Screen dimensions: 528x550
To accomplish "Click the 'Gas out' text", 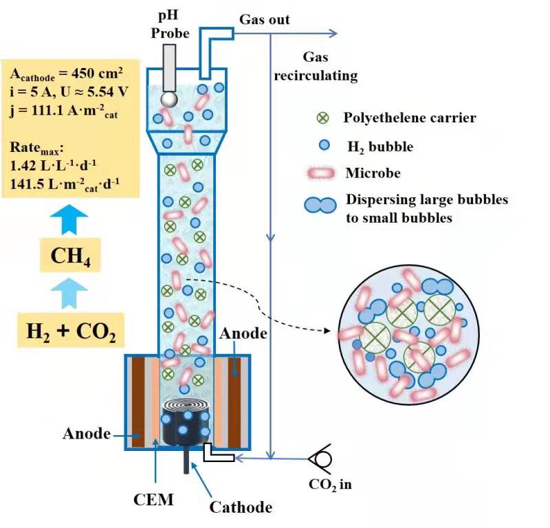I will pyautogui.click(x=263, y=19).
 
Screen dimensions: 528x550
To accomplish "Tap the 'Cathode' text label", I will pyautogui.click(x=241, y=508).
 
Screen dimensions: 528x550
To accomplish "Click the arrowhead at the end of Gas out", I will pyautogui.click(x=333, y=33).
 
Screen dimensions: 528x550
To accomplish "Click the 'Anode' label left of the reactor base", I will pyautogui.click(x=87, y=433).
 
